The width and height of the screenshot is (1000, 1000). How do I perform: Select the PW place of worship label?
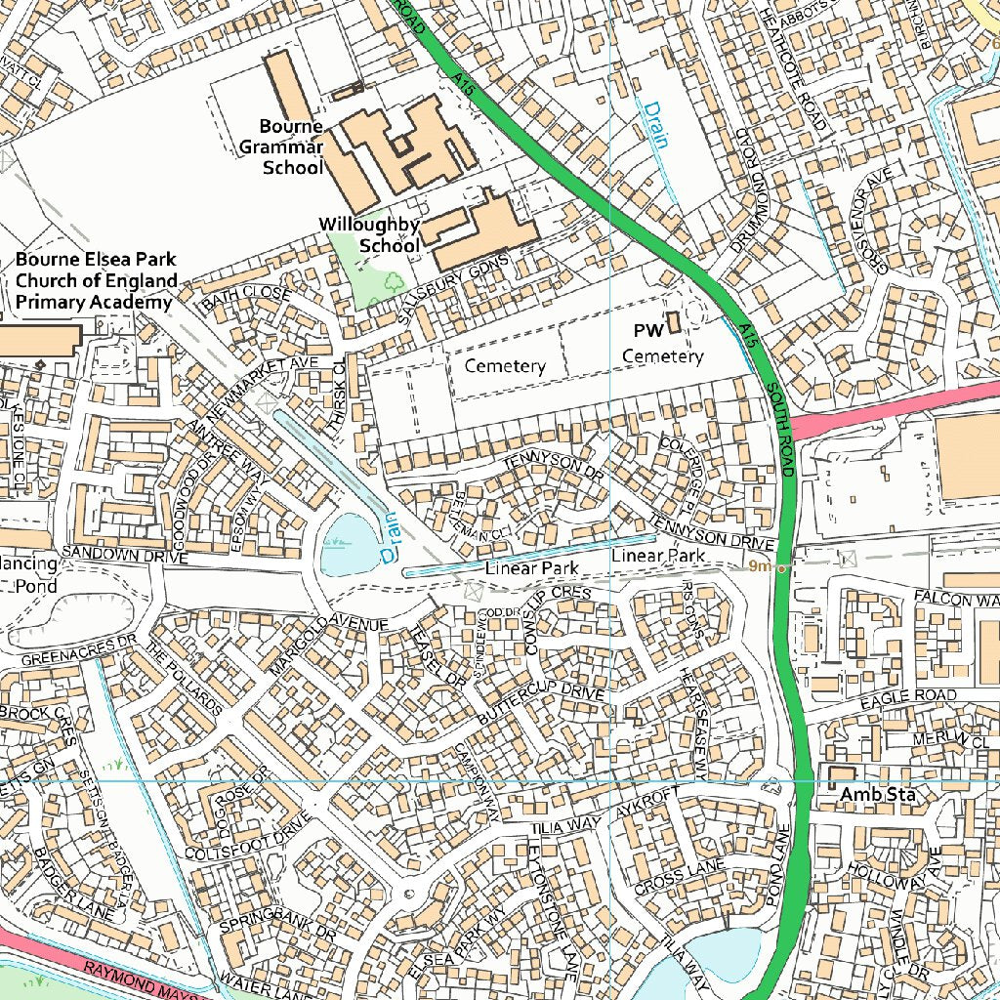[x=648, y=329]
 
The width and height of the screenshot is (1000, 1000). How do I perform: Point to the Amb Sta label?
[x=878, y=795]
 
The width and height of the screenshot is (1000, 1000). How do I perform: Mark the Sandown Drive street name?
[x=123, y=555]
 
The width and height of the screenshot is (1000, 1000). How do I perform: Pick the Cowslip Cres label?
[x=553, y=615]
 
